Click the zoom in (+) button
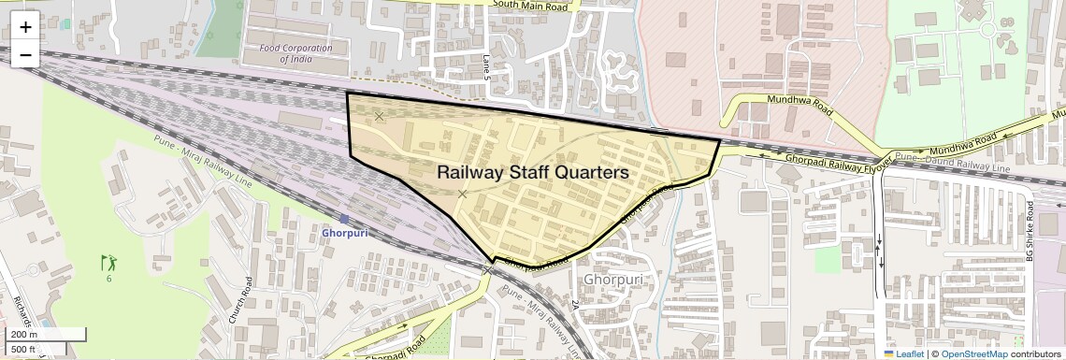pyautogui.click(x=25, y=27)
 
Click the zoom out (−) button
pyautogui.click(x=25, y=55)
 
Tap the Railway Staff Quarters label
pyautogui.click(x=532, y=173)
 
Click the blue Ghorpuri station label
pyautogui.click(x=343, y=233)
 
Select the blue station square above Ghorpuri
pyautogui.click(x=345, y=219)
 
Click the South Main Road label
pyautogui.click(x=530, y=6)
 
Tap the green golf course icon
pyautogui.click(x=109, y=263)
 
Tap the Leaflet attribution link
pyautogui.click(x=903, y=353)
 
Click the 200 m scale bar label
pyautogui.click(x=24, y=335)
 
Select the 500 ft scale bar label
pyautogui.click(x=24, y=349)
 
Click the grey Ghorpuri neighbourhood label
pyautogui.click(x=612, y=280)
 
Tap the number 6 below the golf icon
pyautogui.click(x=109, y=279)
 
